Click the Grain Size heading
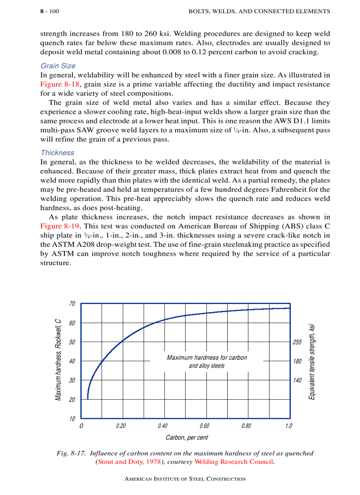pos(58,66)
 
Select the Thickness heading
pos(57,153)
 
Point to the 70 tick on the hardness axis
pos(72,304)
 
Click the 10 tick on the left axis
pos(72,418)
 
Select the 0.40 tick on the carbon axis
pos(162,426)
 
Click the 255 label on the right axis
pos(297,342)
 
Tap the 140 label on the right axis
pos(297,380)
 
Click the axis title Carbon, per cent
pos(187,438)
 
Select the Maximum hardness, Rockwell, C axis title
pos(58,361)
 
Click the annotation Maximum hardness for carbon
pos(206,357)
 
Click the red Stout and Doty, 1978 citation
pos(129,462)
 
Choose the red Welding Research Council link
pos(234,462)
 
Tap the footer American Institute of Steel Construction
pos(185,479)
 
